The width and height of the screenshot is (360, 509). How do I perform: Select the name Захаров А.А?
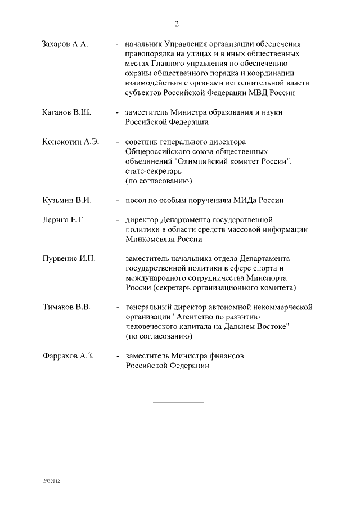click(x=65, y=43)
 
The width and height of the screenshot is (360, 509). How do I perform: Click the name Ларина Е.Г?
click(x=64, y=220)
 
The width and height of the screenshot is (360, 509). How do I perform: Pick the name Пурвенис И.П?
click(x=69, y=259)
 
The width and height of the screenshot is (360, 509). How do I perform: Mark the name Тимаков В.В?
click(x=66, y=308)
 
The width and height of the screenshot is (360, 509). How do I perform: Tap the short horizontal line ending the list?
click(x=178, y=403)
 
